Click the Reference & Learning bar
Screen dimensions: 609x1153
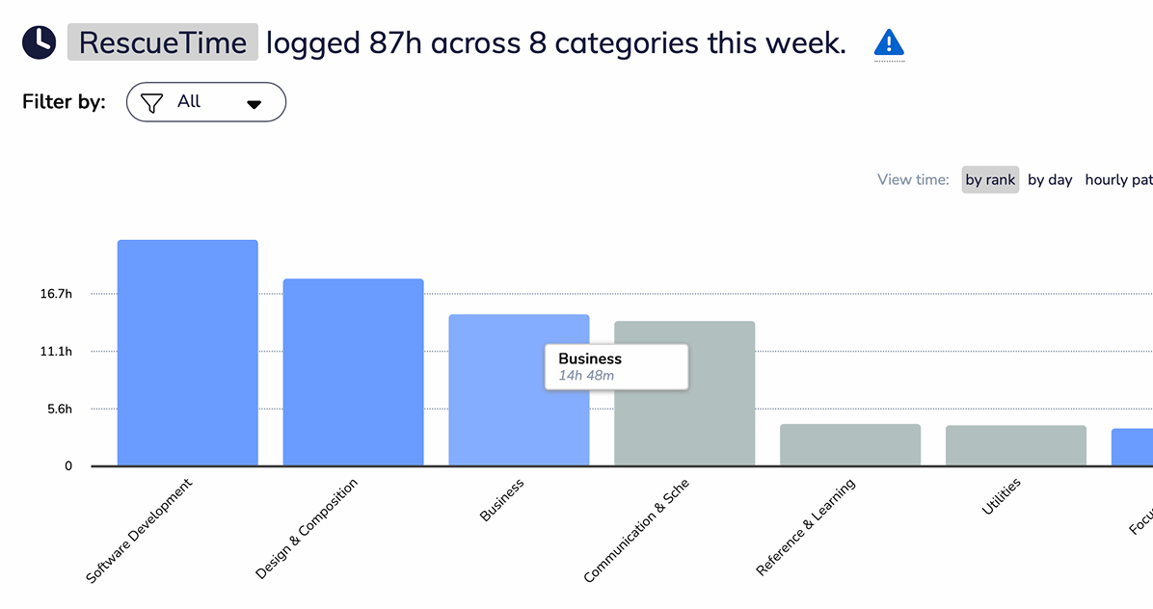(850, 445)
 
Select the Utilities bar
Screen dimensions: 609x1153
(1015, 445)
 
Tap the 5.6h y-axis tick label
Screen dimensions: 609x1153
(59, 410)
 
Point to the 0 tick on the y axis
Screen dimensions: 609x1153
(68, 466)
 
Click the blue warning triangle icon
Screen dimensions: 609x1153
(889, 42)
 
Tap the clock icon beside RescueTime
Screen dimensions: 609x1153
(39, 42)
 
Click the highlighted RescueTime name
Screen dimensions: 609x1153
(163, 42)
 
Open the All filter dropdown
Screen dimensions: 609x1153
(206, 102)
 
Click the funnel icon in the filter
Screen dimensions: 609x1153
(151, 102)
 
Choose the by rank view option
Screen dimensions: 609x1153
(990, 179)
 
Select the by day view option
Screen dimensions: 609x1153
(1050, 179)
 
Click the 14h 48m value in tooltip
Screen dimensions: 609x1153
(586, 375)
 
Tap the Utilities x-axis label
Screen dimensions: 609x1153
(1002, 496)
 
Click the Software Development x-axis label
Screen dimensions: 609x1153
(140, 530)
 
